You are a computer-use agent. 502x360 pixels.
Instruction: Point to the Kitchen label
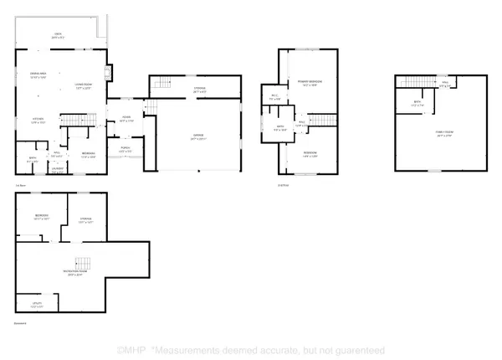[x=38, y=119]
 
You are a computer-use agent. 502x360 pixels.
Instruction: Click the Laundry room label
[x=57, y=168]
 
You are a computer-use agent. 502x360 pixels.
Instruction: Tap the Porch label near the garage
[x=125, y=149]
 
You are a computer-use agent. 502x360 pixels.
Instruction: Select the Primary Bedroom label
[x=310, y=81]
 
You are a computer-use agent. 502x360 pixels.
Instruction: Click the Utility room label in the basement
[x=37, y=303]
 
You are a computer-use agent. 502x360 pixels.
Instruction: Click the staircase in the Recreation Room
[x=82, y=261]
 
